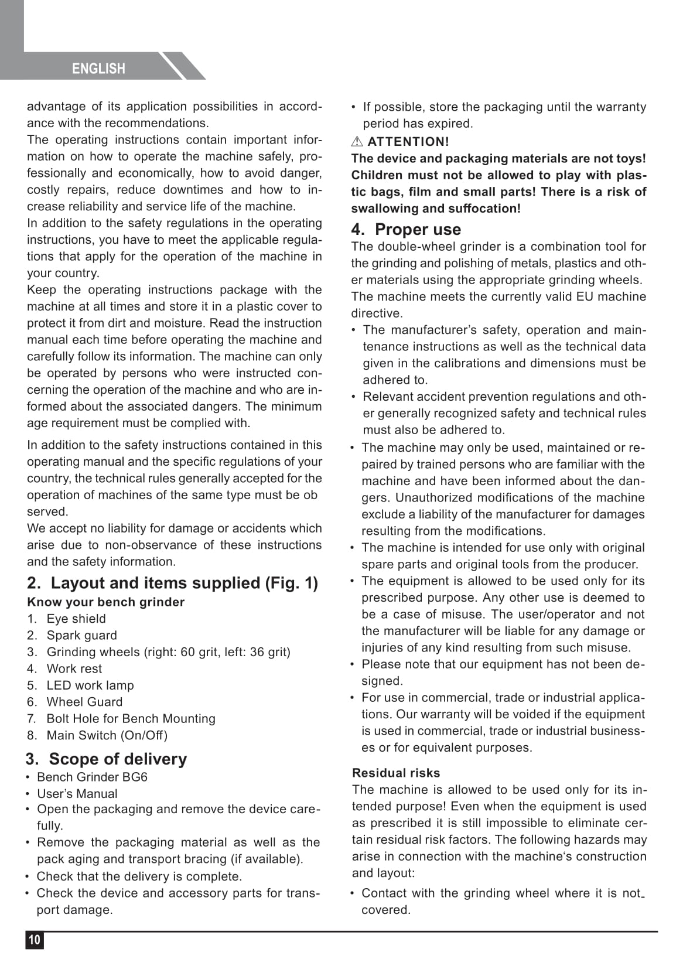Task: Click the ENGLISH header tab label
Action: click(x=98, y=69)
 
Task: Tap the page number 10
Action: click(x=35, y=940)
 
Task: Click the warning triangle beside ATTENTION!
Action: click(x=357, y=141)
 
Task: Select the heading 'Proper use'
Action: click(x=418, y=229)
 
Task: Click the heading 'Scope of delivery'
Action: click(x=118, y=759)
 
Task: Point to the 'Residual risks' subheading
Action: click(x=396, y=773)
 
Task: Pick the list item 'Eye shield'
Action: click(x=76, y=619)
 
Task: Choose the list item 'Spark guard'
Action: click(x=81, y=635)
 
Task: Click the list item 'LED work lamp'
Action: click(x=90, y=685)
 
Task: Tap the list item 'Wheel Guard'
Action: click(x=84, y=702)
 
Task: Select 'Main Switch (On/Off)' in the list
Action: click(x=107, y=735)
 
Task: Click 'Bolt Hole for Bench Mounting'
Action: click(x=131, y=718)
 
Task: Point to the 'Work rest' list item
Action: click(x=74, y=668)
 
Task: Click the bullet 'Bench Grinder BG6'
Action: click(x=92, y=777)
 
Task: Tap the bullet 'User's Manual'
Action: click(x=77, y=794)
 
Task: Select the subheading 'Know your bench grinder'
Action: click(x=105, y=602)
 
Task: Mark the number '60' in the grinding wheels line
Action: click(x=187, y=652)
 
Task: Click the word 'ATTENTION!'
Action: click(x=408, y=141)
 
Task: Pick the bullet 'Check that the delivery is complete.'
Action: click(x=139, y=876)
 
